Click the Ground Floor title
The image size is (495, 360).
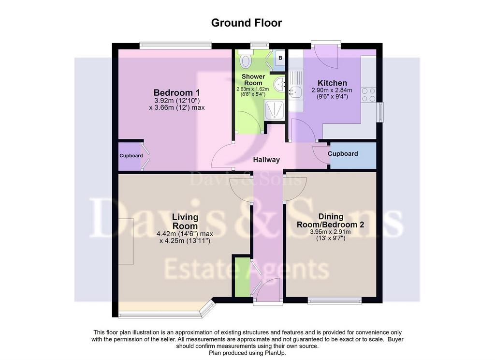pos(246,23)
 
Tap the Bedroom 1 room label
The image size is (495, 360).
pos(176,92)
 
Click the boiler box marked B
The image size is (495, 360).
pos(280,58)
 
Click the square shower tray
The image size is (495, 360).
pos(275,110)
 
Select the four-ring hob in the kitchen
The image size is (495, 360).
pos(369,94)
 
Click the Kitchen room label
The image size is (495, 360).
pos(332,83)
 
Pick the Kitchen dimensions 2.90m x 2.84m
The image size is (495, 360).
pos(332,90)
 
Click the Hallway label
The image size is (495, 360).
pos(266,160)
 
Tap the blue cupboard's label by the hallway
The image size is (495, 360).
pos(343,154)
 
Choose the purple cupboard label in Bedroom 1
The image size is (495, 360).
pos(131,156)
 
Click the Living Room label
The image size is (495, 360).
pos(185,222)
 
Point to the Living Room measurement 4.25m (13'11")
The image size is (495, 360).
pos(185,241)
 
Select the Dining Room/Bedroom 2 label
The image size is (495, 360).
pos(331,221)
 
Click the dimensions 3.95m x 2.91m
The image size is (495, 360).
pos(331,232)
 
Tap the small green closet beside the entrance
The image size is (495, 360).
pos(242,277)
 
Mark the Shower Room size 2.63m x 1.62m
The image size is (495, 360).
pos(253,89)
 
